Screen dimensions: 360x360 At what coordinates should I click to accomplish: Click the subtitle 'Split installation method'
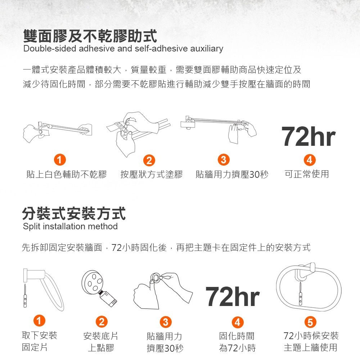(70, 226)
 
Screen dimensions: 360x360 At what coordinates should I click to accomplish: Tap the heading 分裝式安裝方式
(74, 213)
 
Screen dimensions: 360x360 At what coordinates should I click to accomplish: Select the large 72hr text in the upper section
(308, 137)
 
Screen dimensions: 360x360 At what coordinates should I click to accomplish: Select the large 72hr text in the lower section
(233, 297)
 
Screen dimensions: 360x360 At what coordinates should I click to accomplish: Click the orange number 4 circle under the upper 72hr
(309, 159)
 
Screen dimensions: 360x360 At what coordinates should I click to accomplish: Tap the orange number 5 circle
(310, 321)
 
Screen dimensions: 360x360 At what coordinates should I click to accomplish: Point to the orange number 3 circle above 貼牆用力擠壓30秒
(224, 159)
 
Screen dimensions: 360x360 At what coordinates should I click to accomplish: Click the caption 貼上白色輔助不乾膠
(67, 175)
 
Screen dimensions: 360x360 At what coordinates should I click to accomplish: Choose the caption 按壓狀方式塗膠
(152, 175)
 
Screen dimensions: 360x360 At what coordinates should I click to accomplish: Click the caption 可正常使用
(307, 174)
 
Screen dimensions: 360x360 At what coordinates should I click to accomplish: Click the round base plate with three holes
(93, 282)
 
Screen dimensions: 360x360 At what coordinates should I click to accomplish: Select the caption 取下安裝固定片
(39, 342)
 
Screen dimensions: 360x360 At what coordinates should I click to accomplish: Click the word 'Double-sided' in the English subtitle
(44, 49)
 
